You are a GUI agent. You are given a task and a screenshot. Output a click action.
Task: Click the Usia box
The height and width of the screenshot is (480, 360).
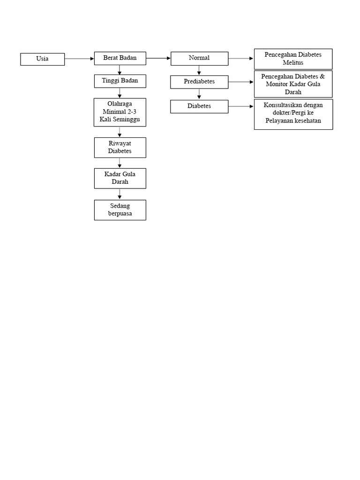43,59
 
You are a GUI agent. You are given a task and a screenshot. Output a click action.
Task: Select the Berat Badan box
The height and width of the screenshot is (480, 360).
120,58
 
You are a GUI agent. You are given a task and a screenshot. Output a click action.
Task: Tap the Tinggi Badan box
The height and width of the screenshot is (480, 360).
120,81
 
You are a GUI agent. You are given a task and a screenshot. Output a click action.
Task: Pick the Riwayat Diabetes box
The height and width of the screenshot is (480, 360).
120,148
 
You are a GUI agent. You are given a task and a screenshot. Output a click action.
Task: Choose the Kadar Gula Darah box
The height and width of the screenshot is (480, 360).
120,178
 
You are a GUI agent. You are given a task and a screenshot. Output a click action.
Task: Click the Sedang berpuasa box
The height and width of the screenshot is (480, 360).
120,210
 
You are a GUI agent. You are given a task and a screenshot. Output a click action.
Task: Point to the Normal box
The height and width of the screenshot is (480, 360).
199,59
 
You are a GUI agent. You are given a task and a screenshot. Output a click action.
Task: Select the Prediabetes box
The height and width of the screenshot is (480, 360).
199,82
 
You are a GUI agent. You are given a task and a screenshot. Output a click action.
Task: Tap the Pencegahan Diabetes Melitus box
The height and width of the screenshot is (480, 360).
293,59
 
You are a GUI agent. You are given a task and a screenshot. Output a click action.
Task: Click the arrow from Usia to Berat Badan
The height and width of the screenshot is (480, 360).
79,59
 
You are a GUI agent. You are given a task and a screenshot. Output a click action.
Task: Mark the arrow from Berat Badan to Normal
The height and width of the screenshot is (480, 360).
158,58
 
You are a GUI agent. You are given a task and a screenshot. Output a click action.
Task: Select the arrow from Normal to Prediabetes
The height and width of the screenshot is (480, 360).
199,70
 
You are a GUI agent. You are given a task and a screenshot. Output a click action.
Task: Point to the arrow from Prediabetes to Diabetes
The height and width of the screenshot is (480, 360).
199,94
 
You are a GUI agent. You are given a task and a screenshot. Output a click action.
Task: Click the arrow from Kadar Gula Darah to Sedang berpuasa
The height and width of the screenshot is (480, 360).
120,194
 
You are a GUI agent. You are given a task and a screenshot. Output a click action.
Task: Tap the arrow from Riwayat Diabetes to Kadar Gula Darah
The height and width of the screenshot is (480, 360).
120,163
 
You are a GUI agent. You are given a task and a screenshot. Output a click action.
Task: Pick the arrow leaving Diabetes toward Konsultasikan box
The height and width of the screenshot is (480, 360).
241,106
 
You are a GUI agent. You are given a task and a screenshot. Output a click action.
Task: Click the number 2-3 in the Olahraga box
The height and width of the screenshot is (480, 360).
132,112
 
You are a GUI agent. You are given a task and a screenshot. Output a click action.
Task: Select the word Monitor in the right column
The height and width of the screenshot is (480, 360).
277,84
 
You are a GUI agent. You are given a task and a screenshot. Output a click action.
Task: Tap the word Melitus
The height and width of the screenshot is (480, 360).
293,63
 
